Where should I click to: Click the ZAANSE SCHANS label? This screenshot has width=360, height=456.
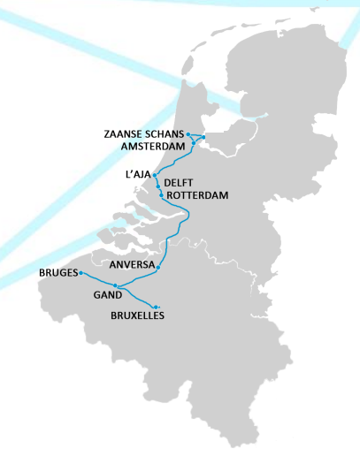click(x=143, y=133)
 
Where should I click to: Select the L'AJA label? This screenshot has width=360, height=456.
click(x=138, y=176)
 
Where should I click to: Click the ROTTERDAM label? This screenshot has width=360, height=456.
click(x=197, y=194)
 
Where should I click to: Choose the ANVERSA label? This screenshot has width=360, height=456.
click(x=132, y=264)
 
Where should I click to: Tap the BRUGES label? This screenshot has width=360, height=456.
click(x=58, y=273)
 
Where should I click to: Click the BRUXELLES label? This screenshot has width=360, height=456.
click(x=137, y=315)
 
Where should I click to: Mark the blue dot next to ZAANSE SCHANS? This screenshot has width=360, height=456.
click(x=188, y=133)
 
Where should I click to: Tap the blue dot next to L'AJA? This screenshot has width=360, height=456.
click(x=155, y=176)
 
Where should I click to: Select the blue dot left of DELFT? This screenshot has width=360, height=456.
click(x=157, y=186)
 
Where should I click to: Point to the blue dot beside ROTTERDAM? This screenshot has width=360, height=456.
click(x=161, y=194)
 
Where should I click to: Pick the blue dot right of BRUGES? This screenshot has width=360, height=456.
click(x=80, y=273)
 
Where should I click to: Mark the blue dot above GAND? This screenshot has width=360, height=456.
click(x=115, y=285)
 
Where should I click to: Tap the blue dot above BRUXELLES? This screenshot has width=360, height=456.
click(x=156, y=307)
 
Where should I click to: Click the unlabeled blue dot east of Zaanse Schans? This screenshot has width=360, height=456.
click(x=203, y=137)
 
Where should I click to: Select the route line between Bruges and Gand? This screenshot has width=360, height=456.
click(x=97, y=279)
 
